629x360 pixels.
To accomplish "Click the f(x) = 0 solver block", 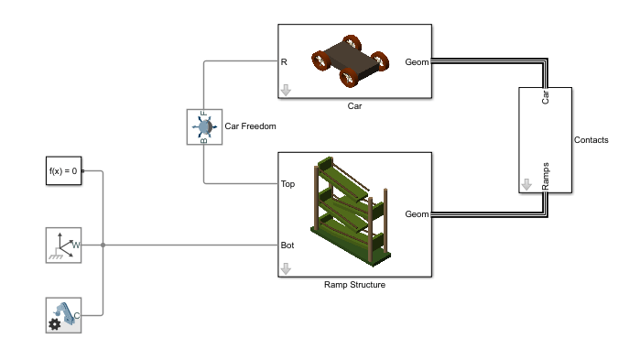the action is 64,170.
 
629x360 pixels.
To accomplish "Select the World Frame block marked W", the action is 64,245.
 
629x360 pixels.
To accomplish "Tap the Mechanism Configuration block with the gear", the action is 64,315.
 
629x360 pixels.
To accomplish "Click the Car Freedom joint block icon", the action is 204,126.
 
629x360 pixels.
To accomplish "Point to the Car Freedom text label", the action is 250,126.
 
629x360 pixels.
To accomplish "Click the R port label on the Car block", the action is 284,62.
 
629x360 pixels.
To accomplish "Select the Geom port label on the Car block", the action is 417,62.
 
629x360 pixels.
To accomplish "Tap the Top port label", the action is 287,184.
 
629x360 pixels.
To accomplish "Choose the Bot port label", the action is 287,245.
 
